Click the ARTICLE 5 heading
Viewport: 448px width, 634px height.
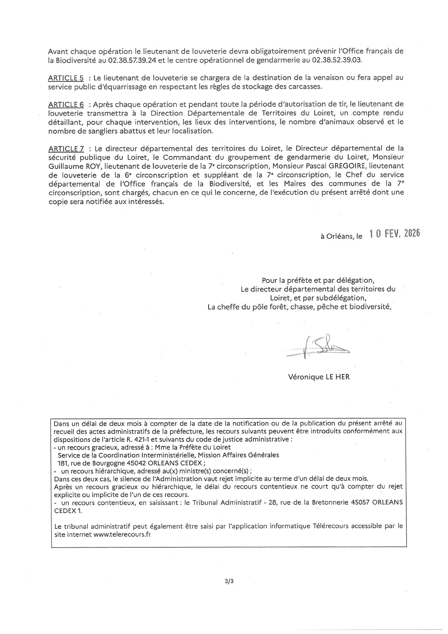click(x=66, y=78)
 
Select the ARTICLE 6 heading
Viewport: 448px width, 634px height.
click(x=66, y=104)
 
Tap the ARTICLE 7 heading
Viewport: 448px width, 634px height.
click(x=66, y=148)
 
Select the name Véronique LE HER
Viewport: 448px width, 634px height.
click(x=319, y=377)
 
